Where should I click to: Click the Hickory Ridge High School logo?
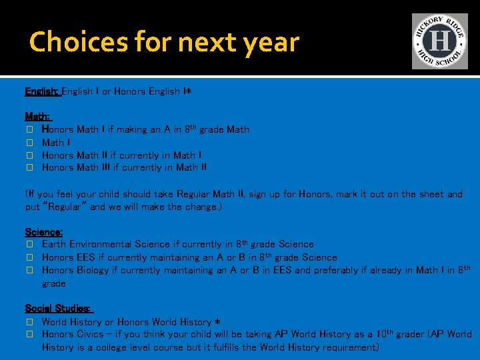[439, 41]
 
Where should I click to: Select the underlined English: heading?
[42, 91]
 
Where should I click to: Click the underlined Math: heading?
[37, 117]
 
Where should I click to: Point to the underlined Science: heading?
[44, 232]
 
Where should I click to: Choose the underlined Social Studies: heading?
[58, 309]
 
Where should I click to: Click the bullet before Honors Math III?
[29, 168]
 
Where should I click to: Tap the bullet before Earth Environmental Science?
[29, 245]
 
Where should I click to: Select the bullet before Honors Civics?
[29, 334]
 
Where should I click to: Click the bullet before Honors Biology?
[29, 270]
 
